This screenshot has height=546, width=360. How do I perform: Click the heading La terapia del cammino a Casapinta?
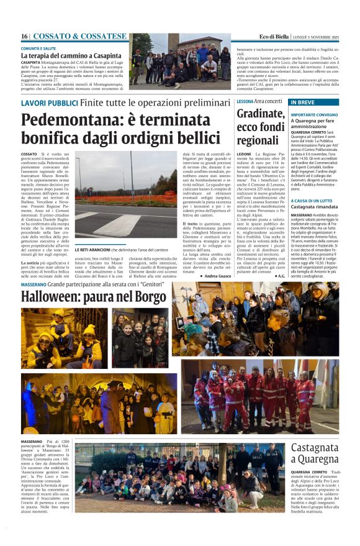[70, 56]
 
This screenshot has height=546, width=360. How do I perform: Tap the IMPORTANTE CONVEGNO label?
[314, 115]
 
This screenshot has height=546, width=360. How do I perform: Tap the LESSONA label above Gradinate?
[245, 101]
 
